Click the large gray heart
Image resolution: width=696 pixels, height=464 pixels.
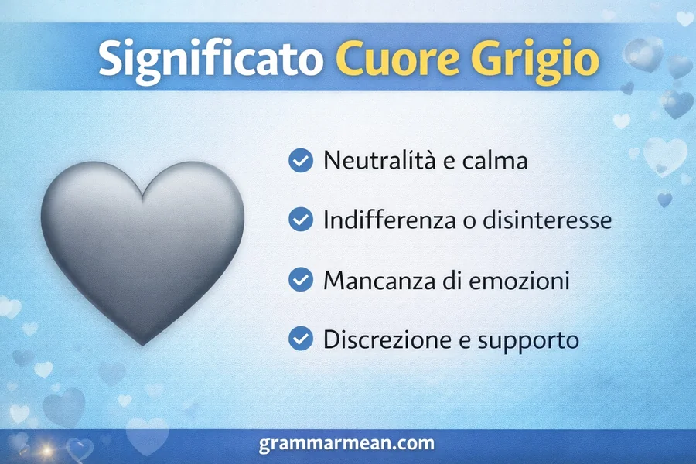point(142,247)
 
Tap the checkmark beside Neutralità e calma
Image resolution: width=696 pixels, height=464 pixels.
point(299,161)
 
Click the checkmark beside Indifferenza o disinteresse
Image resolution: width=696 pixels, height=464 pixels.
point(299,220)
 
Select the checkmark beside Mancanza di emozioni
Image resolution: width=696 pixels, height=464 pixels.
point(299,280)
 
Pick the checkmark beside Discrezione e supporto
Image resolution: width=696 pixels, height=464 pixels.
point(299,339)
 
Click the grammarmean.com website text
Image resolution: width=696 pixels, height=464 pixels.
point(347,445)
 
